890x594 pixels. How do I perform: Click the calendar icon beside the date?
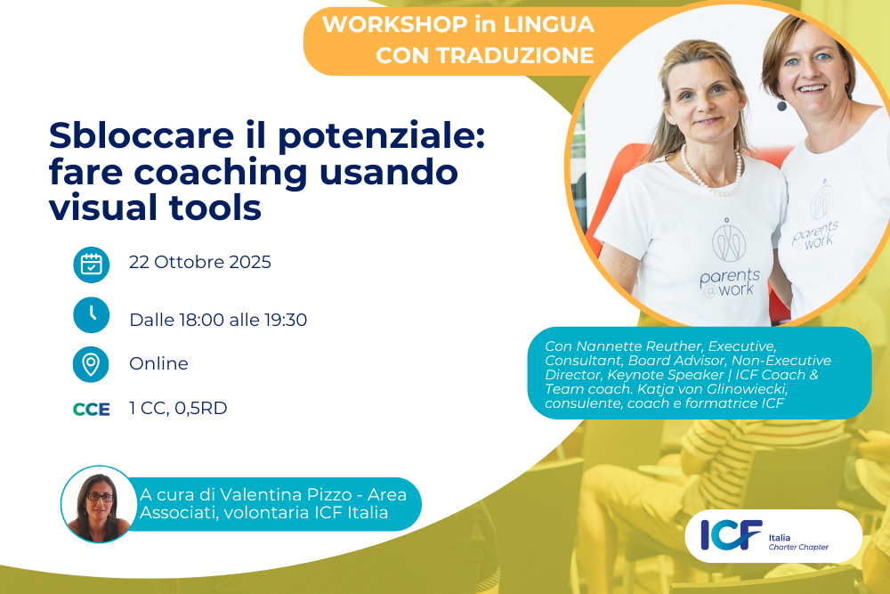[92, 264]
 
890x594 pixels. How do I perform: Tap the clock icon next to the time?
[92, 314]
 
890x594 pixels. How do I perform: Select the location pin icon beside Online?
[91, 364]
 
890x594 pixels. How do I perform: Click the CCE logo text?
[92, 410]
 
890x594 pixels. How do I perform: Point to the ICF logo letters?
[732, 535]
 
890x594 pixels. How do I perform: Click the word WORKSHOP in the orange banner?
[395, 24]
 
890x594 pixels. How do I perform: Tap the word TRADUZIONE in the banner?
[514, 55]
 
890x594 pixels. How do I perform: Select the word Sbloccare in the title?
[142, 135]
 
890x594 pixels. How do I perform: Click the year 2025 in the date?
[250, 262]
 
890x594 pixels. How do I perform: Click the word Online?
[158, 363]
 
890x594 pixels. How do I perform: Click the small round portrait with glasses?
[99, 504]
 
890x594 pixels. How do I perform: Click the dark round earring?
[781, 106]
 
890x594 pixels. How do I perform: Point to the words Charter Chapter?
[798, 547]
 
